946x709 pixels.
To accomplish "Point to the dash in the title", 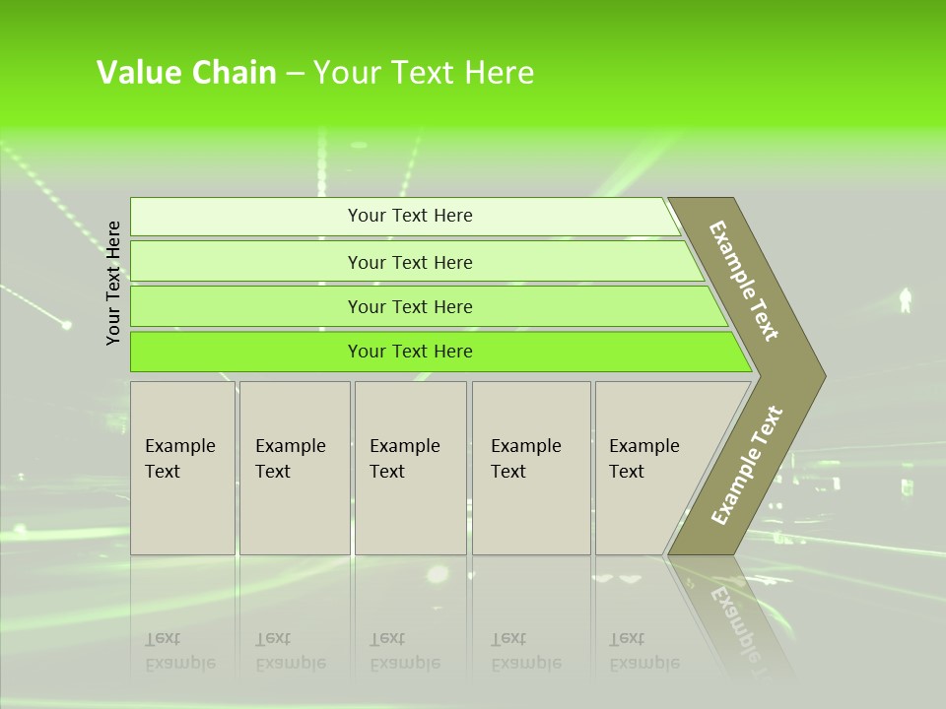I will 295,74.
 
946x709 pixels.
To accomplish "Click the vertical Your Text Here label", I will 113,283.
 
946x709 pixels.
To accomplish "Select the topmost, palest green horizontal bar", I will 410,216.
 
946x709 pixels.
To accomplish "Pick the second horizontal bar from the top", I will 410,262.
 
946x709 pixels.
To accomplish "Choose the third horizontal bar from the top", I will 410,306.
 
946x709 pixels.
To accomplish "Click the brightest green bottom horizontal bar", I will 410,352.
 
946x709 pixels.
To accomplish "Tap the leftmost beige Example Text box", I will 182,468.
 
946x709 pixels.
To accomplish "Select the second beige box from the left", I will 295,468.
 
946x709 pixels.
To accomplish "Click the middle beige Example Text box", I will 410,468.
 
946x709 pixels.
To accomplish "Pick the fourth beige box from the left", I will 531,468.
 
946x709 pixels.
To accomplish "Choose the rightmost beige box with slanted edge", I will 650,468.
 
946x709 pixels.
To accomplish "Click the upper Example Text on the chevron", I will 744,281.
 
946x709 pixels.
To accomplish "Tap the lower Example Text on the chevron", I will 747,465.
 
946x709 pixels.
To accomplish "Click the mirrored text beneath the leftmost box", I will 179,651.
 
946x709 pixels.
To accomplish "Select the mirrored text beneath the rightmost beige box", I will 643,651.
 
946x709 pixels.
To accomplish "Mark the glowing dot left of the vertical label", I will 67,324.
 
